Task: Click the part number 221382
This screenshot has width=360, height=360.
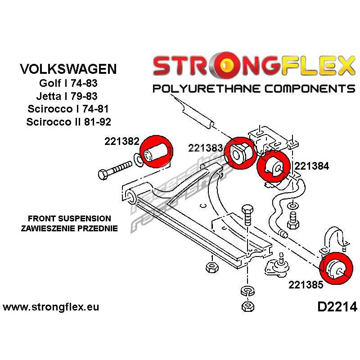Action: point(121,141)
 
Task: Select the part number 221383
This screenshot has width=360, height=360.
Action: point(205,148)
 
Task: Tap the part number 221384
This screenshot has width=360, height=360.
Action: point(312,166)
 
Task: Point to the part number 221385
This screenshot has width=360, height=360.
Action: point(306,284)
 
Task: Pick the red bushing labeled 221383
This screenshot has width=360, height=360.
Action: point(240,153)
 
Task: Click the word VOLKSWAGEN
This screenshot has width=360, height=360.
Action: point(68,69)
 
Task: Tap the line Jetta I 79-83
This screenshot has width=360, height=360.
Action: point(68,96)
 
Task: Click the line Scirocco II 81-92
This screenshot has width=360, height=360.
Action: point(68,121)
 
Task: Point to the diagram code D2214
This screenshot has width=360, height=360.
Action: point(337,307)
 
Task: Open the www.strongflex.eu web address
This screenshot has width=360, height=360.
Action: point(51,307)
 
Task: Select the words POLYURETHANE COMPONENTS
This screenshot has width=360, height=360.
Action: point(254,88)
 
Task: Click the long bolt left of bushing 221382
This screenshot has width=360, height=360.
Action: point(115,171)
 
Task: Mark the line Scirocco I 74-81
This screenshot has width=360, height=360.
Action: point(68,109)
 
